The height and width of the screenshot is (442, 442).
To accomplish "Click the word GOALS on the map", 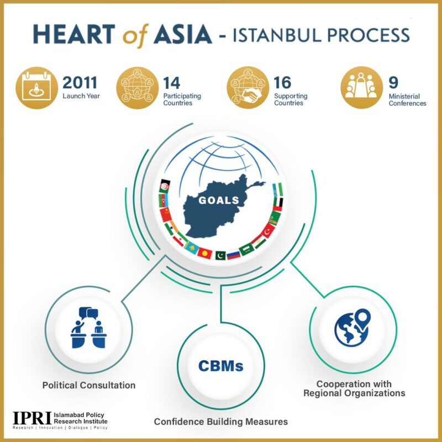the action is tap(219, 200).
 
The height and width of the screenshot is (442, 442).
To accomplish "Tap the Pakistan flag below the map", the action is tap(220, 255).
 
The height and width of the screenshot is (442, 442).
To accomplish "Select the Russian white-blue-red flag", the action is tap(234, 255).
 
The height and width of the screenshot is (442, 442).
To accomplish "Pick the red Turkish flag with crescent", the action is tap(268, 230).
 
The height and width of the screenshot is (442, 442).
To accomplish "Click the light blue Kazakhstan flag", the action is tap(192, 248).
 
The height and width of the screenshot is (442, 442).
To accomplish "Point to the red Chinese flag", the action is tap(165, 215).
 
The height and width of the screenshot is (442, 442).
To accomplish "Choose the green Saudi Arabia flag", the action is tap(246, 250).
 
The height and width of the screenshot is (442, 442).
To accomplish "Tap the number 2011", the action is tap(80, 82).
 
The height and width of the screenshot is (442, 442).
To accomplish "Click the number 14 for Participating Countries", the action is tap(171, 83).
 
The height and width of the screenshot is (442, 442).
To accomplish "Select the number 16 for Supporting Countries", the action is tap(282, 82).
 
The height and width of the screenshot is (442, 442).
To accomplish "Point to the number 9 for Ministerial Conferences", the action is tap(393, 82).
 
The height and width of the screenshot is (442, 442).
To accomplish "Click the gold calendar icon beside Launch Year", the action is tap(36, 88).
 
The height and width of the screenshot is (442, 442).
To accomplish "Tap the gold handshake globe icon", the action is tap(248, 88).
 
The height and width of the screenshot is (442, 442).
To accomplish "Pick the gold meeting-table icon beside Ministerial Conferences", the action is tap(362, 88).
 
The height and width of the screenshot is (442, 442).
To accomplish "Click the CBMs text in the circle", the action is tap(220, 366).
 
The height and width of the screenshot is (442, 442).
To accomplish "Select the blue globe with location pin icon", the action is tap(352, 328).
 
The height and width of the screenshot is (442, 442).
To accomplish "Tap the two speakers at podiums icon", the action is tap(88, 328).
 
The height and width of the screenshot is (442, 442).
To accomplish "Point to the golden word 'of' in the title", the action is tap(135, 36).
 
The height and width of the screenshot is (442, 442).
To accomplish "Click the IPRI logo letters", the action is tap(32, 418).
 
